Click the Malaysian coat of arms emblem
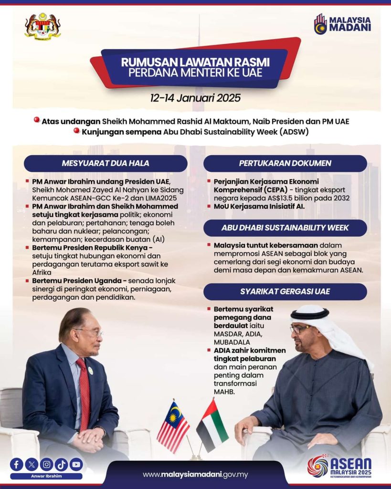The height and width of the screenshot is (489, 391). coord(43,26)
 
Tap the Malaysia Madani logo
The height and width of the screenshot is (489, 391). coord(342,24)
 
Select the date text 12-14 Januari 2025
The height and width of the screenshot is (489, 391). coord(195,98)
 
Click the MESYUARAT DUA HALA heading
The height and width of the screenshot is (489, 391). coord(106,163)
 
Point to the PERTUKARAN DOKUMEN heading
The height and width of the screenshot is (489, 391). coord(285,163)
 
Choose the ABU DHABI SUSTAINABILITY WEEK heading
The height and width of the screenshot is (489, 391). coord(285,228)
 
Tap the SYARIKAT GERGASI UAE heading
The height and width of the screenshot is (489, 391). coord(285,291)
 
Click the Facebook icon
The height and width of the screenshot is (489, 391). coord(17,464)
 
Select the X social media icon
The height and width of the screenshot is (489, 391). coord(32,464)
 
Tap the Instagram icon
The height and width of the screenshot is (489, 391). coord(46,464)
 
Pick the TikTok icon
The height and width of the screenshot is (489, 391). coord(61,464)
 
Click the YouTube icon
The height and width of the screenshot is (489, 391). coord(76,464)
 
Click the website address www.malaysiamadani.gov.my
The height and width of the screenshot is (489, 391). coord(195,474)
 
